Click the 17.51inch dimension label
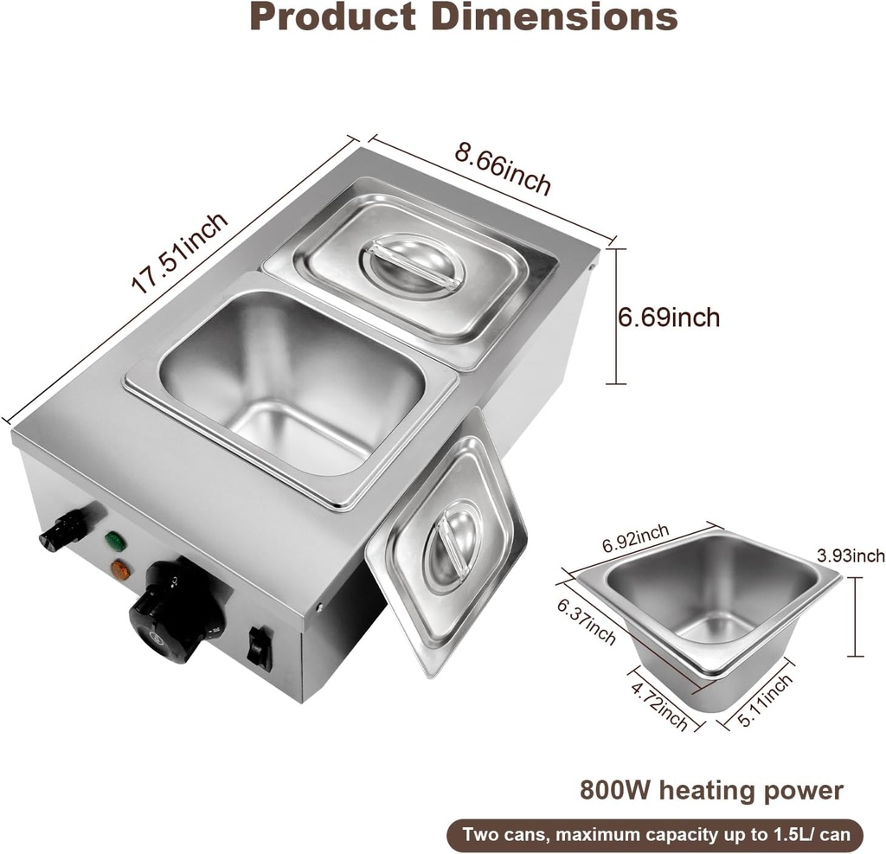(180, 253)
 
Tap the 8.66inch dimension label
(503, 170)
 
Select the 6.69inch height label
(668, 318)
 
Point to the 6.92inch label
(636, 543)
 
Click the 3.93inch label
(851, 555)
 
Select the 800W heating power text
(711, 790)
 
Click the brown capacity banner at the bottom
(655, 835)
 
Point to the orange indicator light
(120, 570)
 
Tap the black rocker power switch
(260, 648)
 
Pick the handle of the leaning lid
(453, 547)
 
